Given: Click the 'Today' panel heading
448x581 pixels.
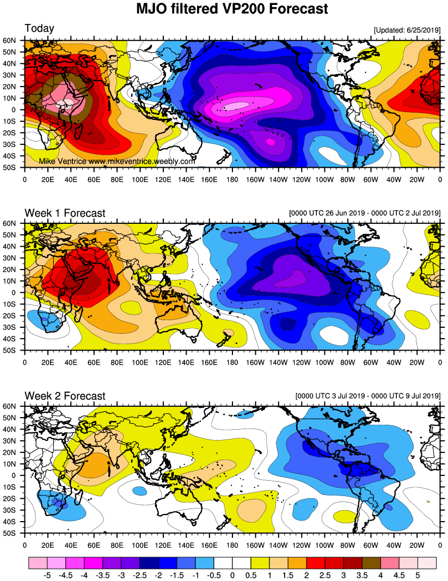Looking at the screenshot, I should tap(39, 28).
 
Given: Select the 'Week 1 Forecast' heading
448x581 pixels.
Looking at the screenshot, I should tap(65, 213).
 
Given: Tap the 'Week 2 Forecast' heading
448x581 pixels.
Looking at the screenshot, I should tap(65, 396).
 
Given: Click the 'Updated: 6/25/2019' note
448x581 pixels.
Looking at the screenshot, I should tap(407, 29).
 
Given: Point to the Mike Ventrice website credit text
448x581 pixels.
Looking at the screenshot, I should tap(117, 162).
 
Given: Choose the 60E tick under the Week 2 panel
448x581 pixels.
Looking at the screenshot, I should tap(94, 544).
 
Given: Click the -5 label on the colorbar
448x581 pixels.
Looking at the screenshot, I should tap(47, 574).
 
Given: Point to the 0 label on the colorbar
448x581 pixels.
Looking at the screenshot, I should tap(232, 574).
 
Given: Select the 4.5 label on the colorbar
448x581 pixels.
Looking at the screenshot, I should tap(399, 574).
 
